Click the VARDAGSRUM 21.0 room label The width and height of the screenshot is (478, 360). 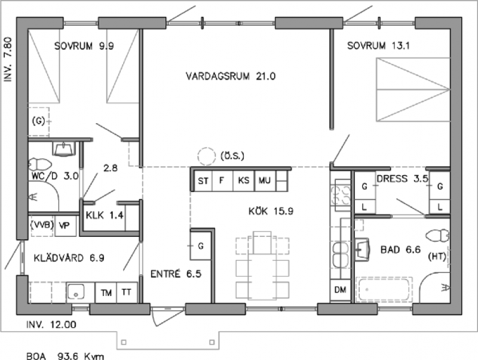point(231,76)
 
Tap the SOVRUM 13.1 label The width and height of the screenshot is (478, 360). point(378,46)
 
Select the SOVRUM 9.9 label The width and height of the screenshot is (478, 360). point(84,46)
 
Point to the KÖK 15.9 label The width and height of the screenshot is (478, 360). point(271,211)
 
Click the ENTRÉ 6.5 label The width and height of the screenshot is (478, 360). point(176,274)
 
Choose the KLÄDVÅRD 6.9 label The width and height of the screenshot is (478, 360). point(69,258)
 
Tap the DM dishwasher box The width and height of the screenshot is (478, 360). point(340,290)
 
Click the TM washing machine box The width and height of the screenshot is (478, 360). point(106,292)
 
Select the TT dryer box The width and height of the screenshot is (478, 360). point(127,292)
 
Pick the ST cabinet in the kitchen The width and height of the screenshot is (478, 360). point(203,181)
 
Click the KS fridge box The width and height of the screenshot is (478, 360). point(243,181)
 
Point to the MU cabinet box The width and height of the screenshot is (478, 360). point(265,181)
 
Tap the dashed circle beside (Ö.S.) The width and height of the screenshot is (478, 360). point(207,156)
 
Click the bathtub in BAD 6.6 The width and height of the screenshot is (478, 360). point(384,289)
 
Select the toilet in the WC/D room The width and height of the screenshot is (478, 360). point(40,164)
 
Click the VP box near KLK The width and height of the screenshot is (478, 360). point(65,226)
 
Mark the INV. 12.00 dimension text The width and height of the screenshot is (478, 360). point(51,324)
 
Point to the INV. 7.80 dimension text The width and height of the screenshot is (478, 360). point(8,59)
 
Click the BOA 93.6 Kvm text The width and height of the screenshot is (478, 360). point(65,356)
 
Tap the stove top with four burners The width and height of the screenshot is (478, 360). point(341,196)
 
